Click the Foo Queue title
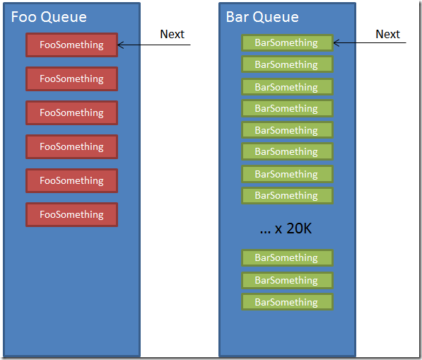pos(49,17)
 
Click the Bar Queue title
pos(262,17)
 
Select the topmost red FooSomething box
pos(72,45)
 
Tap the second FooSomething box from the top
pos(72,79)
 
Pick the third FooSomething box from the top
pos(72,113)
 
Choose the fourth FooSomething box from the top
pos(72,146)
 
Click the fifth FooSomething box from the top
pos(72,180)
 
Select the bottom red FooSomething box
pos(72,214)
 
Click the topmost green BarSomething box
pos(288,43)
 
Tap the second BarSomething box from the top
pos(288,64)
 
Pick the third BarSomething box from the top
pos(288,87)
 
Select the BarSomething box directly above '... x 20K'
pos(288,196)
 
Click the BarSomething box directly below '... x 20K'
pos(288,258)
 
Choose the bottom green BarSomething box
pos(288,302)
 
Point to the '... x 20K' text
pos(286,228)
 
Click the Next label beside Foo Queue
pos(172,34)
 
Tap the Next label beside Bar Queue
pos(388,34)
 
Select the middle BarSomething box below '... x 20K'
pos(288,280)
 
